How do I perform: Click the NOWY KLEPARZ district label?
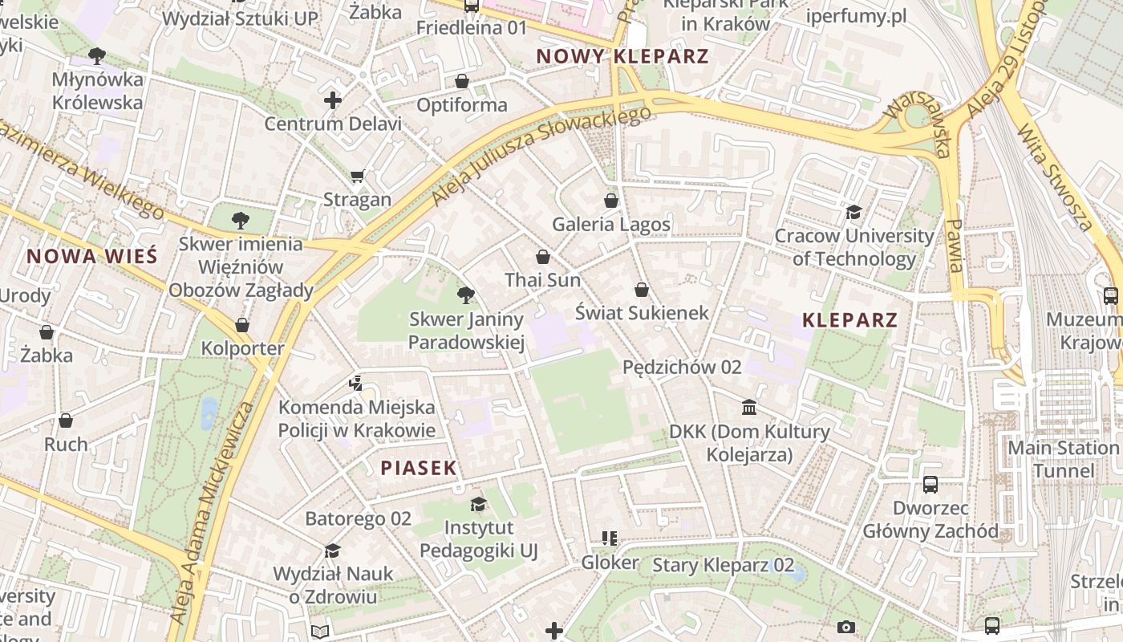pos(622,56)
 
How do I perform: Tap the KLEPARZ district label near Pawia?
pos(849,320)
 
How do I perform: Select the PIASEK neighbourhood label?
pos(418,468)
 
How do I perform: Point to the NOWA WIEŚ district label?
pos(92,257)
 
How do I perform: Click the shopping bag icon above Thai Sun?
pos(543,257)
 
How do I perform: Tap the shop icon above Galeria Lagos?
pos(611,200)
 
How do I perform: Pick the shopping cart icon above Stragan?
pos(358,176)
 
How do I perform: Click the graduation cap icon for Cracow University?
pos(853,212)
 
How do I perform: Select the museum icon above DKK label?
pos(749,408)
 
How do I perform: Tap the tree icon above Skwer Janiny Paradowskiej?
pos(465,295)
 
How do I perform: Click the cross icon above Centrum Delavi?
pos(333,100)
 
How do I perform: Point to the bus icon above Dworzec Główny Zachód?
pos(930,484)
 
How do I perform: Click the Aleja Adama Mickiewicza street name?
pos(212,514)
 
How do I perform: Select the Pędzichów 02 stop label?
pos(682,367)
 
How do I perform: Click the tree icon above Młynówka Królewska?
pos(97,55)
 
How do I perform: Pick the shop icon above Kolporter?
pos(242,325)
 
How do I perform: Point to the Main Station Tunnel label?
pos(1064,458)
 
